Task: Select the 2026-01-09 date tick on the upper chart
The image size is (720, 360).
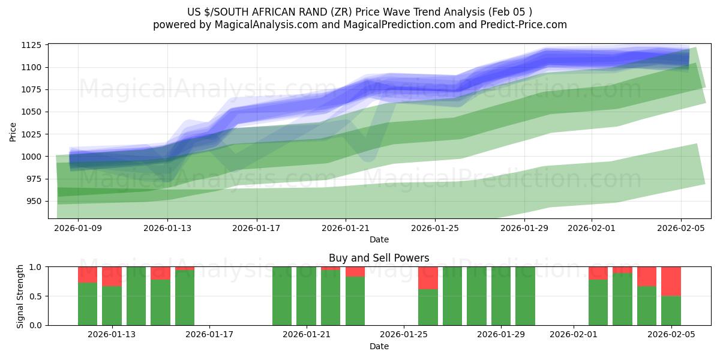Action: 78,228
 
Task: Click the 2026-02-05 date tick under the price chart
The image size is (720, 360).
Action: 680,228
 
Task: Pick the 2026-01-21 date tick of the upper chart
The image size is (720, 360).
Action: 346,228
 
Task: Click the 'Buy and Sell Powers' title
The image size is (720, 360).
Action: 379,258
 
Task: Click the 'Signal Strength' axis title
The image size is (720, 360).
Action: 20,295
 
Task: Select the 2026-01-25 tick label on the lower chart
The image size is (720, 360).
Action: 403,335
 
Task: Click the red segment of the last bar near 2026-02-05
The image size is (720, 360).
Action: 671,281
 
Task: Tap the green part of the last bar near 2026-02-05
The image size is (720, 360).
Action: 671,310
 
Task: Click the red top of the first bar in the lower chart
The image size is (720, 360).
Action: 88,274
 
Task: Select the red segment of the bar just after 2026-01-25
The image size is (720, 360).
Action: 428,278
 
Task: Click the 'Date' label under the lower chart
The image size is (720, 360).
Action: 379,346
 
